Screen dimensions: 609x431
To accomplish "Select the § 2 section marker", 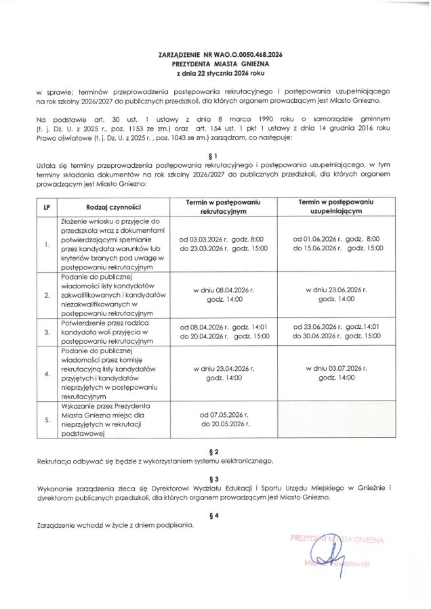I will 215,451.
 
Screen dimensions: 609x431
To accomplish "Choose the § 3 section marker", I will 215,478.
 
